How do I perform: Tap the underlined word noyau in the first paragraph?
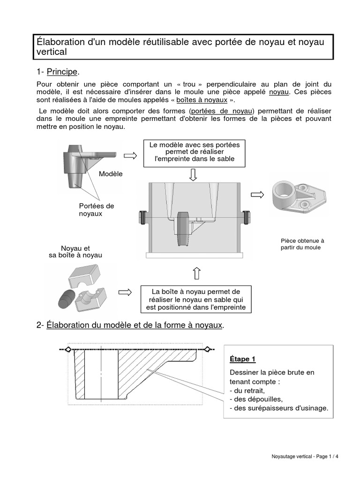pyautogui.click(x=279, y=92)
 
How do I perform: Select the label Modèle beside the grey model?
pyautogui.click(x=111, y=174)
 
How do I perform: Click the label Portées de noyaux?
pyautogui.click(x=96, y=210)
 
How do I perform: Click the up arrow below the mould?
pyautogui.click(x=196, y=273)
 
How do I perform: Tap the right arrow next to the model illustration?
pyautogui.click(x=130, y=156)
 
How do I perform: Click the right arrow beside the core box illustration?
pyautogui.click(x=125, y=292)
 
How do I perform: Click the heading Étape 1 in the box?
pyautogui.click(x=242, y=359)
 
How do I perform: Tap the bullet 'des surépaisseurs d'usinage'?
pyautogui.click(x=279, y=409)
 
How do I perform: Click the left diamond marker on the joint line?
pyautogui.click(x=68, y=349)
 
